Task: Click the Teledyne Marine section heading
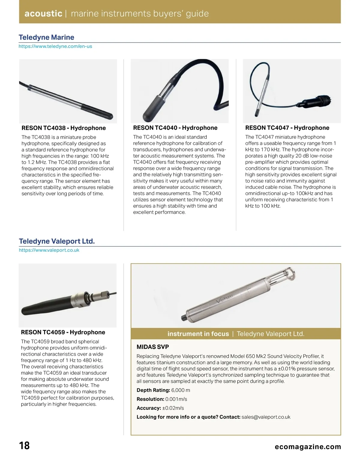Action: coord(46,37)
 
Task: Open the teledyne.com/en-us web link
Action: coord(55,46)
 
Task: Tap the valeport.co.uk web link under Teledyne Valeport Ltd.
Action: coord(49,250)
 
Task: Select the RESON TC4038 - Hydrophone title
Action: coord(64,128)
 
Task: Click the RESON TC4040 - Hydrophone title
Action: coord(175,128)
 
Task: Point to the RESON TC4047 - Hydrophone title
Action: coord(287,128)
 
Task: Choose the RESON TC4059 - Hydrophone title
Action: coord(63,332)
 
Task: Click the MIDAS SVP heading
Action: coord(153,347)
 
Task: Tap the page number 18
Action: coord(25,445)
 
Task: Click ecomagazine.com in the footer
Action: coord(308,447)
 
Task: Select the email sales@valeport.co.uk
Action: coord(266,417)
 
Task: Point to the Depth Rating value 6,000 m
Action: coord(181,390)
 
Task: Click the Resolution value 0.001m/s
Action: coord(176,399)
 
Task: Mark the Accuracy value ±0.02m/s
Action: coord(173,408)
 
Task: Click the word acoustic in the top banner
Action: coord(43,13)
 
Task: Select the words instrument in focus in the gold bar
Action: coord(198,334)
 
